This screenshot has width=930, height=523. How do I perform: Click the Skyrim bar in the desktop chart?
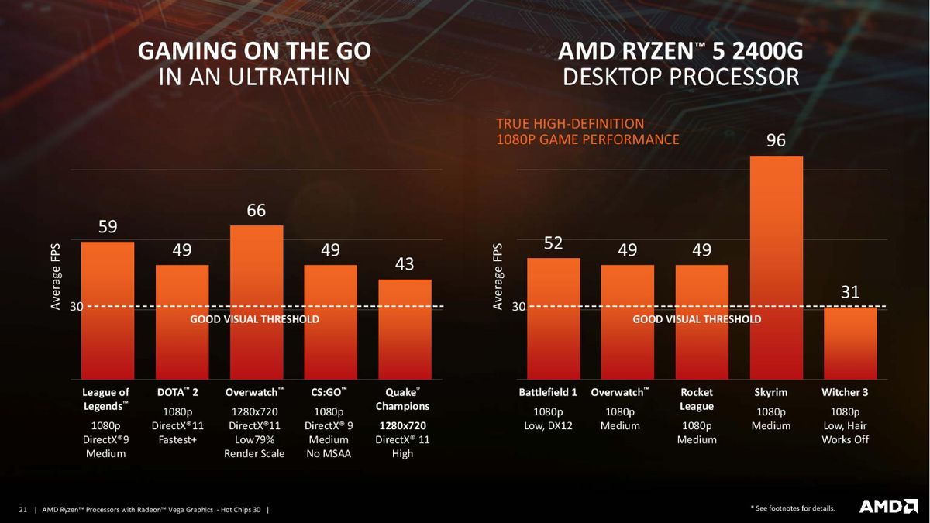click(776, 267)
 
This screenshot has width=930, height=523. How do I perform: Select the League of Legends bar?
click(108, 311)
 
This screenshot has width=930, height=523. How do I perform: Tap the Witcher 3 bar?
click(850, 343)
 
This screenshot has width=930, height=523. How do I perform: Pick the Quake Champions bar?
click(405, 329)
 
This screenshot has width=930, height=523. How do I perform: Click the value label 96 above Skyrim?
click(776, 140)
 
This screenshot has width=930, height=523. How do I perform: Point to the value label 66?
click(257, 211)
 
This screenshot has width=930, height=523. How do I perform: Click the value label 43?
click(405, 264)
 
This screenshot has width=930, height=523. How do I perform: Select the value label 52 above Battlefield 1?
click(553, 243)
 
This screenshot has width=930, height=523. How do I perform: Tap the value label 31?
click(850, 292)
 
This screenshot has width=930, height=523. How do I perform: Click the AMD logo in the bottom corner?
click(888, 507)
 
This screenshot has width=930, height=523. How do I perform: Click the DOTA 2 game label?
click(177, 392)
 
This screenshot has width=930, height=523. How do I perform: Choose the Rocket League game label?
click(697, 399)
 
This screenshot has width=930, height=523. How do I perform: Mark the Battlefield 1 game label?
click(548, 392)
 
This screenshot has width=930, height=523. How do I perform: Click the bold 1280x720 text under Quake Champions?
click(403, 426)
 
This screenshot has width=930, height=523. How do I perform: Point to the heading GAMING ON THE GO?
click(254, 51)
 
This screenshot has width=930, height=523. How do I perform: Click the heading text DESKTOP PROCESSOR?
click(681, 77)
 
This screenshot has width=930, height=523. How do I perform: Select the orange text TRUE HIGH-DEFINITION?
click(570, 124)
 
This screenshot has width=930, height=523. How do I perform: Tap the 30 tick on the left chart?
click(77, 307)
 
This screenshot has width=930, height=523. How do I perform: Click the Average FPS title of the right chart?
click(498, 277)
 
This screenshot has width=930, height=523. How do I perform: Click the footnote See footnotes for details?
click(793, 508)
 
